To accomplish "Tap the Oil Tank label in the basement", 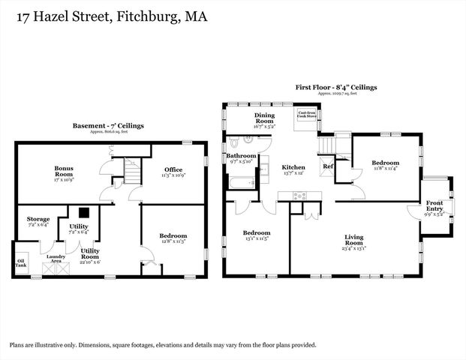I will coord(21,263).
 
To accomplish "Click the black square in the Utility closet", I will coord(84,213).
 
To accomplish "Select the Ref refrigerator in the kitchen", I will coord(328,166).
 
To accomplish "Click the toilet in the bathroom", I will coord(235,140).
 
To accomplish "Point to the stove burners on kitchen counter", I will coord(299,196).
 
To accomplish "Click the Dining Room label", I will coord(264,118).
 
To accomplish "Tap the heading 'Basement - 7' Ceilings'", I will coord(108,125).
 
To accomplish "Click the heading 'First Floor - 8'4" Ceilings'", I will coord(335,87).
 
